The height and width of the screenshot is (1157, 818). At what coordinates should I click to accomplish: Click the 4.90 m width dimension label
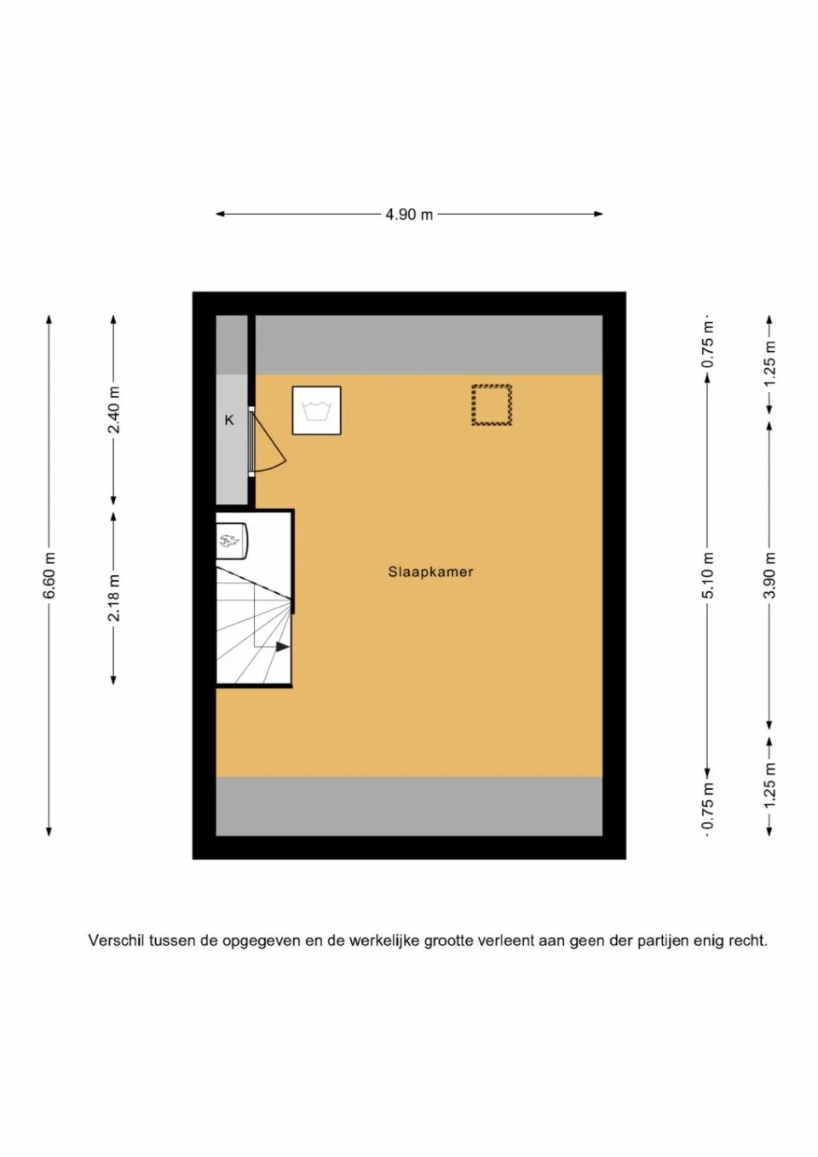click(x=409, y=214)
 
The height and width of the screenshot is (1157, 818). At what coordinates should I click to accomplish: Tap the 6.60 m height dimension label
click(x=49, y=575)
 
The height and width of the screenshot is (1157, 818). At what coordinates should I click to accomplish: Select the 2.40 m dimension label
click(x=113, y=410)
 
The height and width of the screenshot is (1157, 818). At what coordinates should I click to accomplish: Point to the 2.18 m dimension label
click(x=113, y=597)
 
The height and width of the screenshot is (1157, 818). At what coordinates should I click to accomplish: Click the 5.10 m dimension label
click(x=708, y=575)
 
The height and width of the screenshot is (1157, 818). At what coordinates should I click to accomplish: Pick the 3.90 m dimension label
click(x=769, y=575)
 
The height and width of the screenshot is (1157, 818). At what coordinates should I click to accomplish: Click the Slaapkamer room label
click(x=430, y=572)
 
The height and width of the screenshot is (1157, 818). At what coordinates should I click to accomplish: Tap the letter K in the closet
click(x=228, y=420)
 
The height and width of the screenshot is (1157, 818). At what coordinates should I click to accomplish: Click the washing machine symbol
click(x=317, y=410)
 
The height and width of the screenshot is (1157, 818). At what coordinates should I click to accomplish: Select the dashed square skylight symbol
click(x=492, y=405)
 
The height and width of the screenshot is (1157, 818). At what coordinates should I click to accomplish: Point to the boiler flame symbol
click(x=229, y=541)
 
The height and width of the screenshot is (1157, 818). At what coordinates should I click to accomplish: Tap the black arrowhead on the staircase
click(x=283, y=647)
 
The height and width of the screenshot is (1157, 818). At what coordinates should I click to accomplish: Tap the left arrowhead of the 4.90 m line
click(x=220, y=214)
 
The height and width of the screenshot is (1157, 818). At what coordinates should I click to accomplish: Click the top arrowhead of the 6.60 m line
click(x=49, y=320)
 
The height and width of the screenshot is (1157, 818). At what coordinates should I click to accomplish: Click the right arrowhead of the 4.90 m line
click(x=598, y=214)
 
